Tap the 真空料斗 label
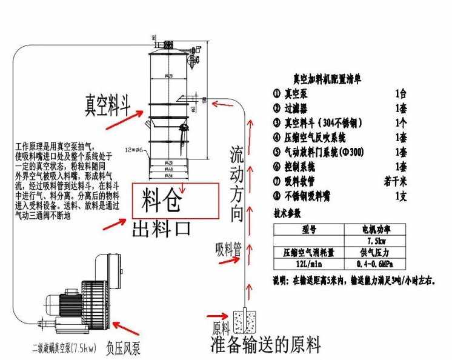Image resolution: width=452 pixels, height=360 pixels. tap(108, 104)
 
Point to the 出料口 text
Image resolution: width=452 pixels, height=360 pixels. tap(162, 228)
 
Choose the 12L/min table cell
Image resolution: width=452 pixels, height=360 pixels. tap(310, 265)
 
